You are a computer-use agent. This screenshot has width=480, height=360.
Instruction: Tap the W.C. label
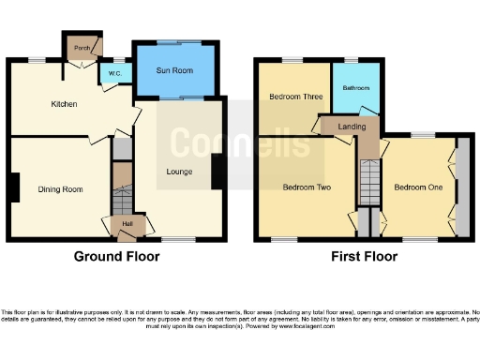click(x=114, y=74)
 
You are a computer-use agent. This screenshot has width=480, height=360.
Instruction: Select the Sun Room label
click(x=174, y=68)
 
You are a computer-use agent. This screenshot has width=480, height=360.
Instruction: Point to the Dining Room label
click(x=60, y=189)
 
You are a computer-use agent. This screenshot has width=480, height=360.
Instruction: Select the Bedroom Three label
click(x=292, y=97)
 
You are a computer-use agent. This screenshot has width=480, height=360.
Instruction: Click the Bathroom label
click(x=355, y=88)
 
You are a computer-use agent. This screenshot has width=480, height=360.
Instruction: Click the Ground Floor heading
click(x=116, y=255)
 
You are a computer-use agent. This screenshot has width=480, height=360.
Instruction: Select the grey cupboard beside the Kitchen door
click(x=121, y=149)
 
